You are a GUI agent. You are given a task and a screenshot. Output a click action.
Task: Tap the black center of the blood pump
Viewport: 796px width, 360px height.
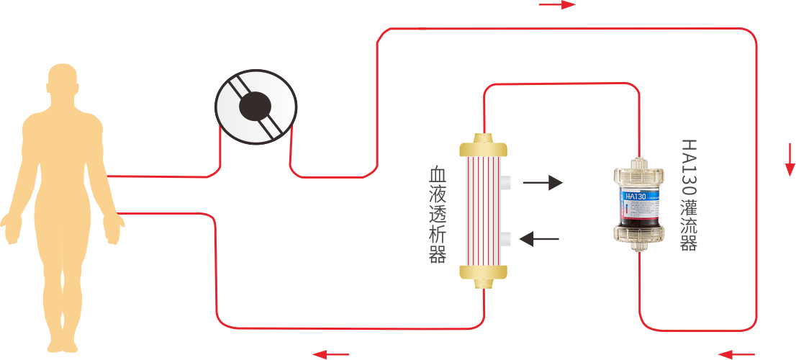pos(255,107)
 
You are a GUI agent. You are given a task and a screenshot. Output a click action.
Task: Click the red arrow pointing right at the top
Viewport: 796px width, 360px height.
pos(558,5)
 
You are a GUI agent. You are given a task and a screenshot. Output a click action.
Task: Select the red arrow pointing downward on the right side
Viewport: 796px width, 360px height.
pos(790,161)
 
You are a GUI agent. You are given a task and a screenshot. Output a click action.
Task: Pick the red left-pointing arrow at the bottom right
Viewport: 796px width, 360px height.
pos(736,354)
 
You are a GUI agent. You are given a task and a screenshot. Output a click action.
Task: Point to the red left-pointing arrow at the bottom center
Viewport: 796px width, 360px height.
pos(330,354)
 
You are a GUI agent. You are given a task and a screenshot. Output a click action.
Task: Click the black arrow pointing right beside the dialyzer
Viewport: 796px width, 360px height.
pos(543,182)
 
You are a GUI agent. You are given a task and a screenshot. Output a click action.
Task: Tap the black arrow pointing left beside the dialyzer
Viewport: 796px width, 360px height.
pos(540,238)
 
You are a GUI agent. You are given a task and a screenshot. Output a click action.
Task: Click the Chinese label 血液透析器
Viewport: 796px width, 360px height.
pos(437,215)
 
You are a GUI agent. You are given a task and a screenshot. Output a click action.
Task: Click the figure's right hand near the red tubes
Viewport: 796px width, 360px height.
pos(113,228)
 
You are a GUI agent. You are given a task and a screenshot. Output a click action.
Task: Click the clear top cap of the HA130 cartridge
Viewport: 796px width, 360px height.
pos(637,171)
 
